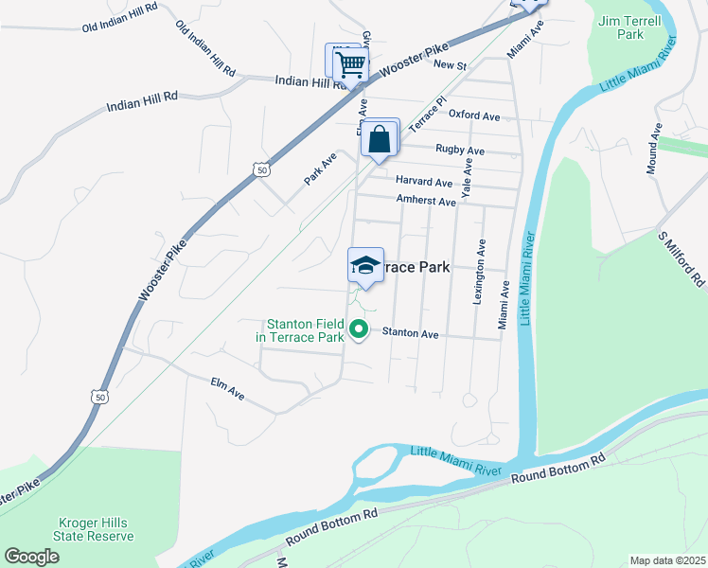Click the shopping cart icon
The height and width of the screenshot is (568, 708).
[350, 64]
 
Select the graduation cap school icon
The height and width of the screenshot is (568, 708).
[365, 267]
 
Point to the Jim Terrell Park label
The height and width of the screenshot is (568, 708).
[622, 27]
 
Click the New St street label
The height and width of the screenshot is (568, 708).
[450, 64]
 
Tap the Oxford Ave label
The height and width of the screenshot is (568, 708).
[473, 115]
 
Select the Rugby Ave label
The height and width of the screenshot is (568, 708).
[460, 150]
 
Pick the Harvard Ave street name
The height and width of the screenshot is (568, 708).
[424, 181]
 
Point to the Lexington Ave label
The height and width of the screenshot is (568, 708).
[481, 271]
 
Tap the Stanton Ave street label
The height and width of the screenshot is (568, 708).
[411, 333]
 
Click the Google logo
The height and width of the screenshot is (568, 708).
[31, 557]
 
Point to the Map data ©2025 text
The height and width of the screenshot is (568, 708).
[667, 560]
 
